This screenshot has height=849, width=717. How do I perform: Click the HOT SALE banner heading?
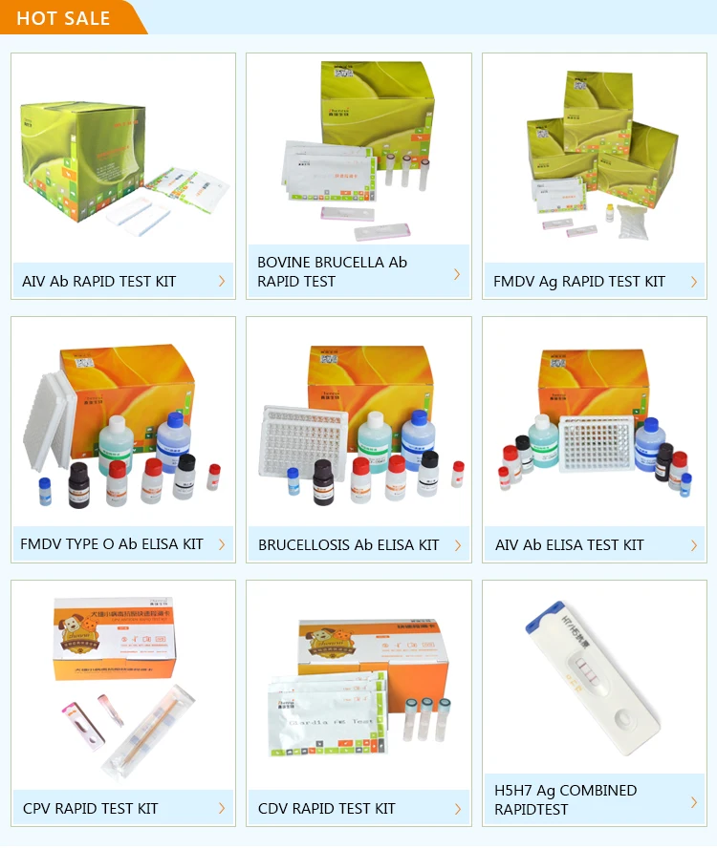[x=63, y=18]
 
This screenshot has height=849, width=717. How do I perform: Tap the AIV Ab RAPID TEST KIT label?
[x=99, y=282]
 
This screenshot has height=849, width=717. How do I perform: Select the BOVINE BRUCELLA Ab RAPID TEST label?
[x=332, y=271]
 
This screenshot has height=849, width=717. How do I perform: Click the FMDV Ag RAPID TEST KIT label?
[x=578, y=282]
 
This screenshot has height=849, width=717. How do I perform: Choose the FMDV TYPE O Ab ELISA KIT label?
[x=112, y=544]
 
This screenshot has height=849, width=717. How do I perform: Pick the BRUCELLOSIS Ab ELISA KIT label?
[x=348, y=545]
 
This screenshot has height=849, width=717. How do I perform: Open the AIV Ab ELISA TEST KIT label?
[x=569, y=545]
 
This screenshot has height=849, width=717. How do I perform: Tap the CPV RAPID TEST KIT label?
[x=91, y=809]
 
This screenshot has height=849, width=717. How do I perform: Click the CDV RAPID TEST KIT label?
[x=326, y=809]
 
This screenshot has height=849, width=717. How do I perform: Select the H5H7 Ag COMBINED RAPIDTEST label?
[x=565, y=799]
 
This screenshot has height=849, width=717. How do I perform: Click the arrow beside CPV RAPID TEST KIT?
[x=222, y=808]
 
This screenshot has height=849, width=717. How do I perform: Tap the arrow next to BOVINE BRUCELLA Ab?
[x=457, y=274]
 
